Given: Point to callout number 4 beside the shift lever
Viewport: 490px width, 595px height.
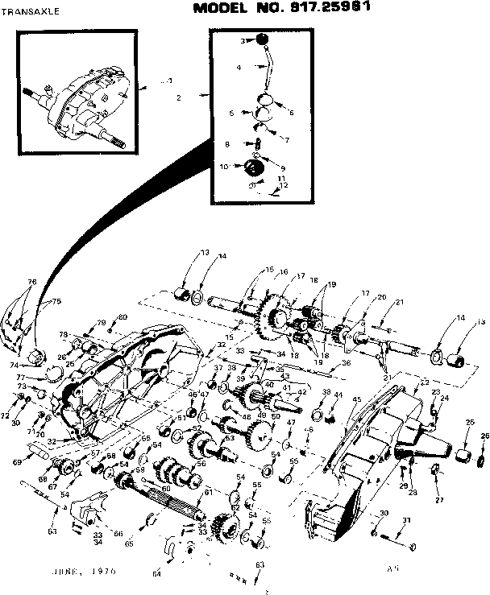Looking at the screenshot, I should (x=239, y=68).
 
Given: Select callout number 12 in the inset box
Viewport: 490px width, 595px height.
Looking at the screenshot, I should (x=283, y=185).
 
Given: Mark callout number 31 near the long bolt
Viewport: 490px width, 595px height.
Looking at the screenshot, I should (x=406, y=519).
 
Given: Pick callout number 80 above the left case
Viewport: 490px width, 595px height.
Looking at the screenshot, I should (x=122, y=316).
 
